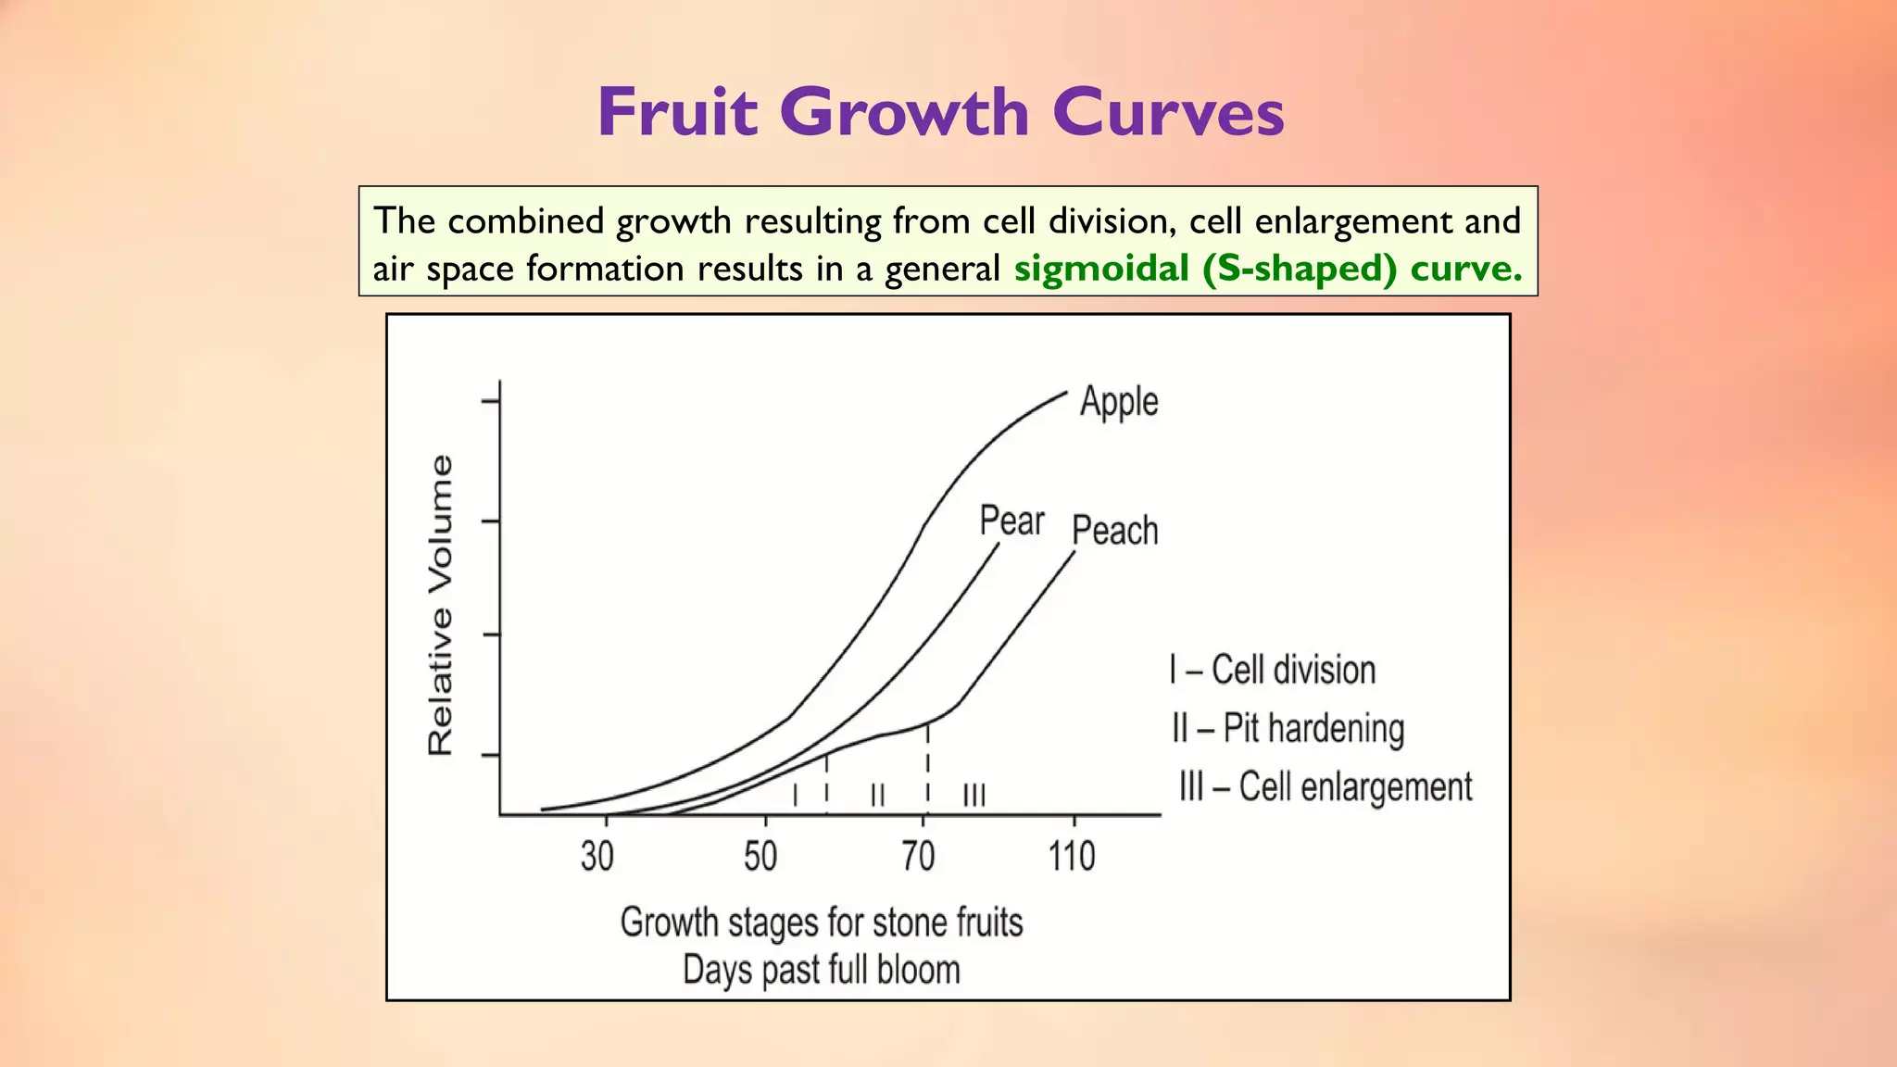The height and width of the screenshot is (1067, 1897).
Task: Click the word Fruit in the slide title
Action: [x=677, y=112]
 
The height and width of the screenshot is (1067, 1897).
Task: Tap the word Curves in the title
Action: [x=1168, y=112]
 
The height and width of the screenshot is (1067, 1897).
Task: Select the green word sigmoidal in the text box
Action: [x=1101, y=269]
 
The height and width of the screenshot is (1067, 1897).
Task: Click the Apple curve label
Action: [x=1119, y=402]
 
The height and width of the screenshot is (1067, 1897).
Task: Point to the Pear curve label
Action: [x=1011, y=521]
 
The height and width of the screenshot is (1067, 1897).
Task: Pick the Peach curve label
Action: [x=1114, y=531]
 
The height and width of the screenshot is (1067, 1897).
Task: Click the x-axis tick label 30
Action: [x=597, y=856]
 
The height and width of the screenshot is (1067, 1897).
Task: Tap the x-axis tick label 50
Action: [x=760, y=856]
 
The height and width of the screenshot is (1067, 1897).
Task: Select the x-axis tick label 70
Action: [x=919, y=856]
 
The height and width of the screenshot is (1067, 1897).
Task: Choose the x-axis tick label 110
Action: [x=1072, y=856]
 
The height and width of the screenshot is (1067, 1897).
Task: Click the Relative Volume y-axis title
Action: [x=441, y=605]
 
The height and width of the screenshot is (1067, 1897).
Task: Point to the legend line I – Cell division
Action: [x=1272, y=670]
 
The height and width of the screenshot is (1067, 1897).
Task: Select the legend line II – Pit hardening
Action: [x=1288, y=728]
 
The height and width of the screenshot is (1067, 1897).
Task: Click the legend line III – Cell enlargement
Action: [x=1325, y=786]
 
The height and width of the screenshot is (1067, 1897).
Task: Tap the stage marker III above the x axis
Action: [x=974, y=795]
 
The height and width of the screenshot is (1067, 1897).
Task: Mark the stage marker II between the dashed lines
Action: [x=877, y=795]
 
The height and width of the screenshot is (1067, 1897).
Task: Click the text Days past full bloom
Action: [x=821, y=970]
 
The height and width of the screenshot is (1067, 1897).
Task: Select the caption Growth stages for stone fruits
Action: [x=821, y=923]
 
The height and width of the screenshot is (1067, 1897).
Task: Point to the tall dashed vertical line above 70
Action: [x=927, y=769]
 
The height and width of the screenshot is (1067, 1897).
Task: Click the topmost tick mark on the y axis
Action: [x=490, y=401]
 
